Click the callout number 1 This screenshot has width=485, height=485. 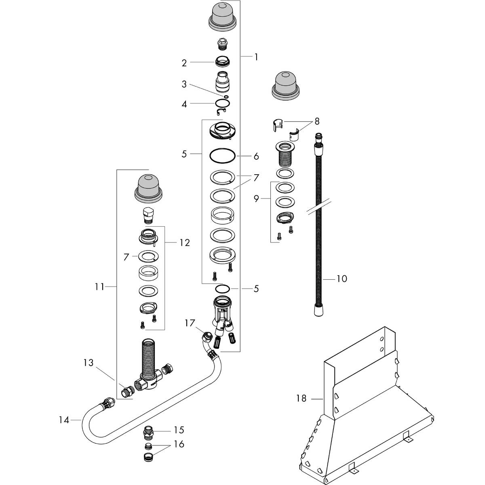[256, 57]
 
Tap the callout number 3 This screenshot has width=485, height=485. [184, 84]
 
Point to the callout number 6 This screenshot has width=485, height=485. [256, 156]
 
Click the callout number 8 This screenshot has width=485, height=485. [317, 121]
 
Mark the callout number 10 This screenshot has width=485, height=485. [342, 278]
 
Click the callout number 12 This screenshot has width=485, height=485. [185, 242]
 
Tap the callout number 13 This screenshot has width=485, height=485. [89, 363]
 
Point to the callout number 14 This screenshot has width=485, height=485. [64, 420]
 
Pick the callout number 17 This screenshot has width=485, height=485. [190, 323]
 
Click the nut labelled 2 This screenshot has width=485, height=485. [222, 62]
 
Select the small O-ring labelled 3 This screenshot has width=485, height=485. [226, 97]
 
